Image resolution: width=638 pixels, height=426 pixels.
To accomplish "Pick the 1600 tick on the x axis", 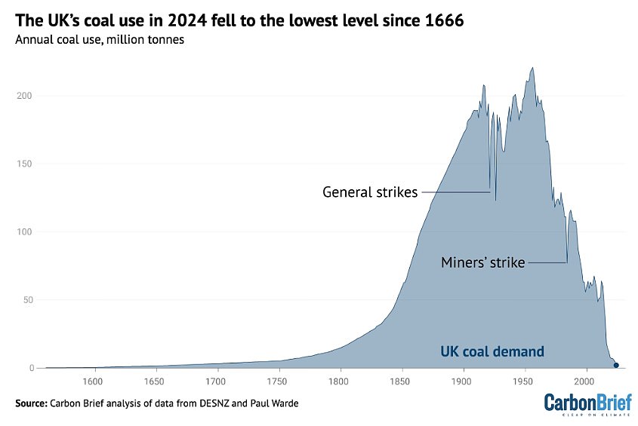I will click(94, 382).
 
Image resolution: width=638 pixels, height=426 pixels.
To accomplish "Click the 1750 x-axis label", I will click(279, 382).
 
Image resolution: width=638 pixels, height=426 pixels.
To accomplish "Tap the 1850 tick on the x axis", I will click(402, 382).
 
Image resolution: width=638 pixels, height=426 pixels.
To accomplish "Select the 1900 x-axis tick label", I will click(464, 382).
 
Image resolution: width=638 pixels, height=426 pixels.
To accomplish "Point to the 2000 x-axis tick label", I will click(587, 382).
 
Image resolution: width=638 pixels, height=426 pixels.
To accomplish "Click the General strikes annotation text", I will click(370, 192).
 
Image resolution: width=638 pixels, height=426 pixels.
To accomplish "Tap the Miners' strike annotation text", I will click(482, 263).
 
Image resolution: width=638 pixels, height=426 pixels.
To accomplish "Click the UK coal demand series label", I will click(492, 351).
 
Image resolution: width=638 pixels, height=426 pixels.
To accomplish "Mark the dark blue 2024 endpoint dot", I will click(616, 366).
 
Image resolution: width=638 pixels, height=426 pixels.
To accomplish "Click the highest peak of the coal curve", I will click(533, 68).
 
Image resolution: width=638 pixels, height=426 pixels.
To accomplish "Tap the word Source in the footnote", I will click(31, 403).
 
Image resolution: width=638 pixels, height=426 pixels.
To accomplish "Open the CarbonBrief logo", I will click(587, 403).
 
